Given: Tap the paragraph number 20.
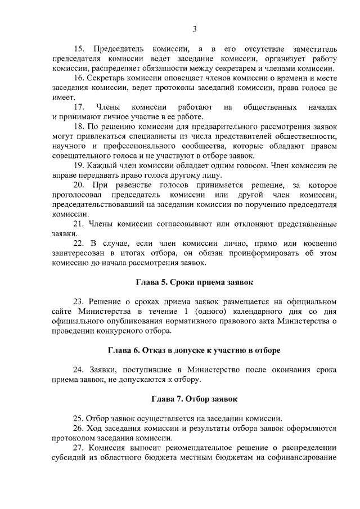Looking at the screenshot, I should [79, 185].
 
